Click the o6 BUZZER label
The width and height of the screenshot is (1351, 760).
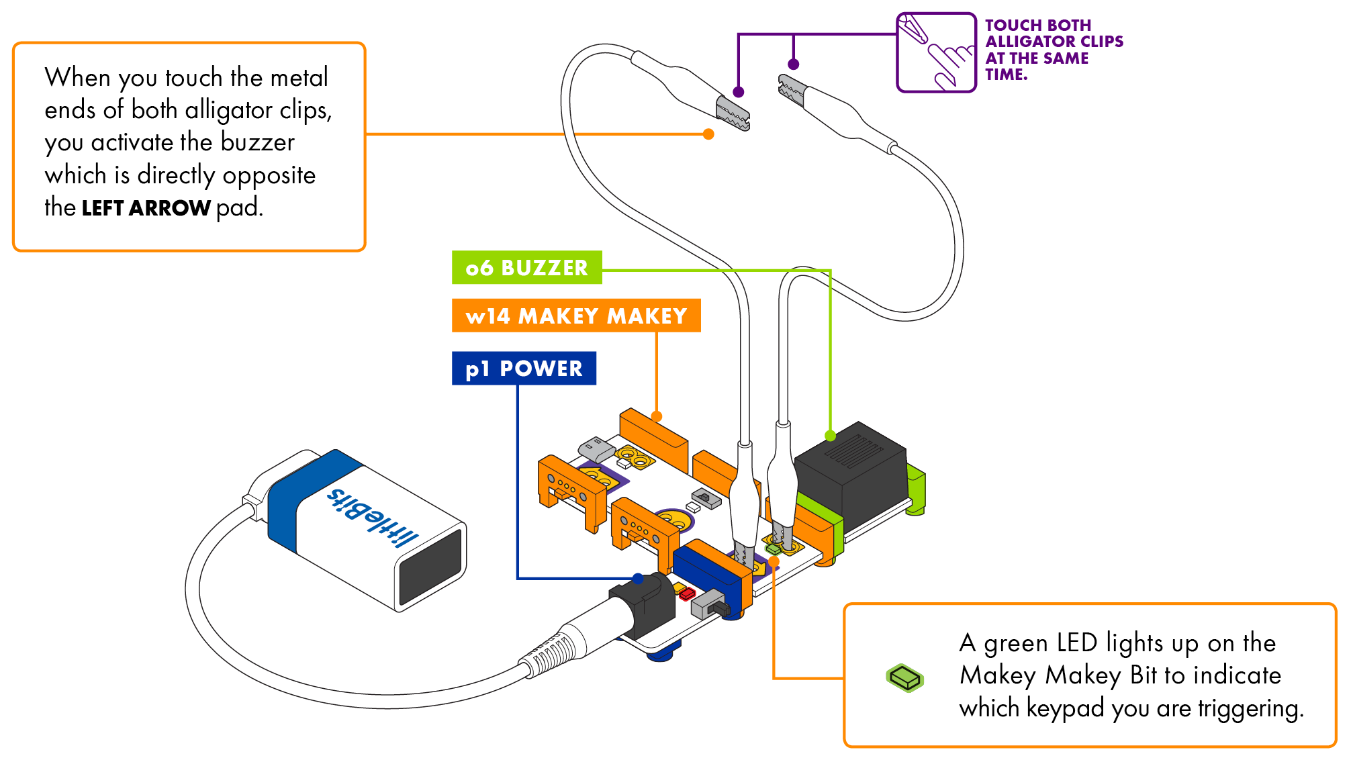point(526,267)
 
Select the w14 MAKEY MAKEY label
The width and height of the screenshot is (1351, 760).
point(576,316)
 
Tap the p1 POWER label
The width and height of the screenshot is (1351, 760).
point(524,368)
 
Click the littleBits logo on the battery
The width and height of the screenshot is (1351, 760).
point(372,518)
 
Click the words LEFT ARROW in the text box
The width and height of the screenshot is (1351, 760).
point(146,208)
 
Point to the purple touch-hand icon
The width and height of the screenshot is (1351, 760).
point(936,52)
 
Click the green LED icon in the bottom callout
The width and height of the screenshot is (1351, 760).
point(905,677)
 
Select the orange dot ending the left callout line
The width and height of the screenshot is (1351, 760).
point(708,134)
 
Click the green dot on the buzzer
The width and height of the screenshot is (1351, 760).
point(831,436)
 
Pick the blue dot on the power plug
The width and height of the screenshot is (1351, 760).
point(638,579)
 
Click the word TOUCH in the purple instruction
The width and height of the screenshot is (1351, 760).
point(1013,26)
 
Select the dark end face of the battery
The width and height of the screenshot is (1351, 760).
point(431,567)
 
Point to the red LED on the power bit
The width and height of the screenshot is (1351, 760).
point(687,593)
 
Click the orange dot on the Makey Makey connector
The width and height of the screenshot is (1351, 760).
point(657,416)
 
